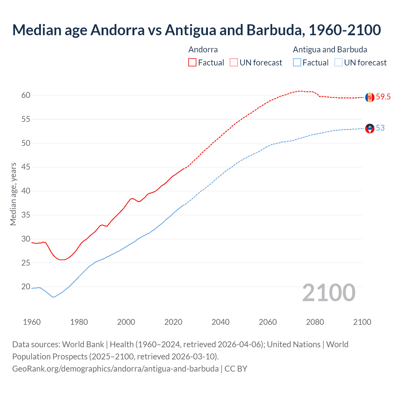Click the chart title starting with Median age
coord(196,30)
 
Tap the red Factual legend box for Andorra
coord(192,63)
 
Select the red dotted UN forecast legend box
coord(234,63)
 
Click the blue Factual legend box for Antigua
coord(297,63)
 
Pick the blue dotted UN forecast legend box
coord(339,63)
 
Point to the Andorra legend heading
coord(203,50)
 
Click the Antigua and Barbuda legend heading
coord(330,50)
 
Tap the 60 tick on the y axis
coord(26,95)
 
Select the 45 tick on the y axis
coord(26,167)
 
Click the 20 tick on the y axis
coord(26,287)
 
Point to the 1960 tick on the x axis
coord(32,322)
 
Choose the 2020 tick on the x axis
coord(173,322)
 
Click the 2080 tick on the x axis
coord(315,322)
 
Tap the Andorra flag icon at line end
coord(370,97)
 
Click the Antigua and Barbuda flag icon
coord(370,128)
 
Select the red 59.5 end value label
coord(383,97)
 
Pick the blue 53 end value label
coord(380,128)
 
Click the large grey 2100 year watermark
coord(329,293)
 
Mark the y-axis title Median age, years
coord(13,194)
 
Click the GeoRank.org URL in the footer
coord(115,369)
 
